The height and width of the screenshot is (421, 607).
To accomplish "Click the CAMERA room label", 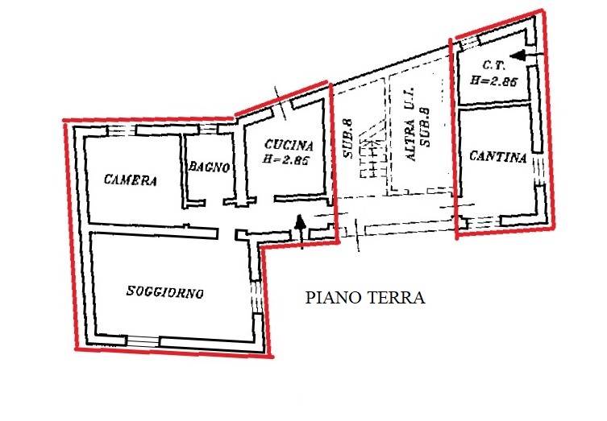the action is point(131,180).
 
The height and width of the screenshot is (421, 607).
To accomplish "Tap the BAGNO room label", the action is point(210,167).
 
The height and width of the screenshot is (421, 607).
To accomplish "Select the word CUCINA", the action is point(289,145).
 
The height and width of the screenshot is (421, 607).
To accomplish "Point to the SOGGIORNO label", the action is point(165,292).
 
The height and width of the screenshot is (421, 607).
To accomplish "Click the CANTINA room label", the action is point(498,157).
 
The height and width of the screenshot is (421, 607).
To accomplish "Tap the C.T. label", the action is point(494,65).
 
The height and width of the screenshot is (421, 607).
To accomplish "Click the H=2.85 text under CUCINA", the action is point(285,159).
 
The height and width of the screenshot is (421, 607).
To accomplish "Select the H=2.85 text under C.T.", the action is point(494,80).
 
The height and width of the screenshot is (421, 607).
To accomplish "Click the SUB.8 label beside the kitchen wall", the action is point(348,138).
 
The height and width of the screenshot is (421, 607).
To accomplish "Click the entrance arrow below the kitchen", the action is point(300,232).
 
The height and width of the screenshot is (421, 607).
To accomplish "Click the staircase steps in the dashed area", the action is point(372,155).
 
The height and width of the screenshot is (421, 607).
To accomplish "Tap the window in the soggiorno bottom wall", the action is point(143,341).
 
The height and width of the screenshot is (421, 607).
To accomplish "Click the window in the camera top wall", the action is point(121,130).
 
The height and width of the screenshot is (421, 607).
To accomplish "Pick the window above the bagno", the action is point(208,129).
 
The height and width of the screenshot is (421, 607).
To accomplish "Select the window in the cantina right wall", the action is point(538,169).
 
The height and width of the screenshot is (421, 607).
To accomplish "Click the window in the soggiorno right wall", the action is point(256,296).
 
